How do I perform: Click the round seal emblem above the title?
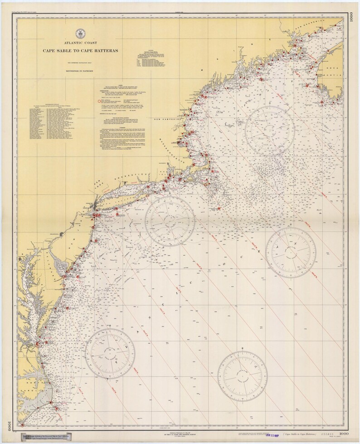click(80, 34)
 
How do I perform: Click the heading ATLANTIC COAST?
click(80, 42)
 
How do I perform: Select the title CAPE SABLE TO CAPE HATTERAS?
click(80, 50)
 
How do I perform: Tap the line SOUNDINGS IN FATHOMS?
click(80, 71)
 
